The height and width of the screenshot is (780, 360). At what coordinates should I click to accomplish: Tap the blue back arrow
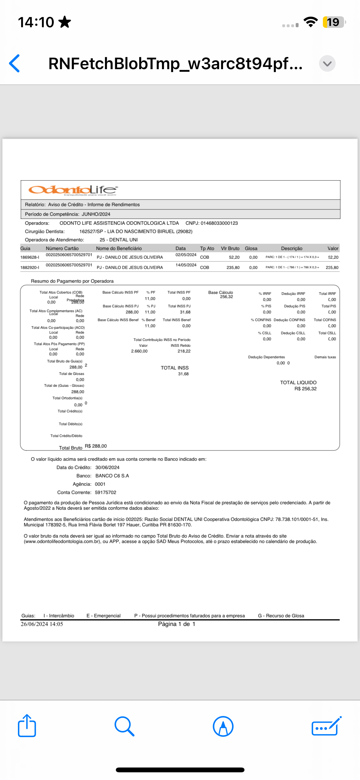tap(15, 63)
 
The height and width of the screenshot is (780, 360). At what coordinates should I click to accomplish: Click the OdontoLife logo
tap(73, 190)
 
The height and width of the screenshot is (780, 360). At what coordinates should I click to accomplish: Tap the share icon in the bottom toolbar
tap(27, 726)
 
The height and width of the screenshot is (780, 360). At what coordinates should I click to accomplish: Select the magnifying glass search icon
tap(124, 726)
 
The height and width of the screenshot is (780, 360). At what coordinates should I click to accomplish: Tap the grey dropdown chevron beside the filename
tap(327, 63)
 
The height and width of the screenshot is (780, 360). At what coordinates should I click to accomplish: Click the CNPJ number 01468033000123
tap(219, 223)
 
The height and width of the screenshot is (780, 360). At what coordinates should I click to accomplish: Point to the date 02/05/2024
tap(186, 255)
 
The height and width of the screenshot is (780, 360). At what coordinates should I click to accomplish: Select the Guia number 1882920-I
tap(30, 267)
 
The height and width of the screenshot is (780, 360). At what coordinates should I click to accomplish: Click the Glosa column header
tap(251, 248)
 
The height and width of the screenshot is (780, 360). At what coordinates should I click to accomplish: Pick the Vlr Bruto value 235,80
tap(233, 267)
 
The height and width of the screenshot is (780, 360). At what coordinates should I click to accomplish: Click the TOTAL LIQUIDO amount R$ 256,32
tap(306, 389)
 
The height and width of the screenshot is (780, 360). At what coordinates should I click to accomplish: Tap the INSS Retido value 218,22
tap(184, 351)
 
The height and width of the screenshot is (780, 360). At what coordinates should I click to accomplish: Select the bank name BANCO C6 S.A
tap(112, 476)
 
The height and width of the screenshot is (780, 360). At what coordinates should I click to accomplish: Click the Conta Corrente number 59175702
tap(106, 492)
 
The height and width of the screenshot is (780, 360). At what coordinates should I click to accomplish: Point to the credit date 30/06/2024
tap(107, 467)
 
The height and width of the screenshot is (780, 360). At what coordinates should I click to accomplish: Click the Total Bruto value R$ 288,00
tap(96, 446)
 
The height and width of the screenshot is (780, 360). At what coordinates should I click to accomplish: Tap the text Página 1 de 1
tap(177, 624)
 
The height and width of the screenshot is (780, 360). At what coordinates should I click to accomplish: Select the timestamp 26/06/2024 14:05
tap(42, 624)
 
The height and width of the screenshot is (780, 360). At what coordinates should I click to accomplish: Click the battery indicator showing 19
tap(333, 22)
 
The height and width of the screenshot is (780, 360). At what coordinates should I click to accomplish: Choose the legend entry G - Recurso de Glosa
tap(281, 616)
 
